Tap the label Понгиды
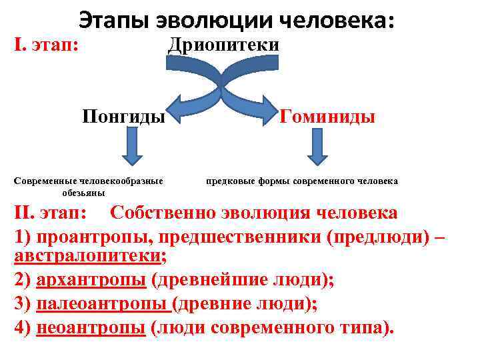coord(123,117)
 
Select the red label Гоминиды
coord(327,117)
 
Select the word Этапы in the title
coord(113,21)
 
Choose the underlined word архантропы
coord(91,280)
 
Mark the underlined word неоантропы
coord(91,328)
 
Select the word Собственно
coord(159,213)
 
